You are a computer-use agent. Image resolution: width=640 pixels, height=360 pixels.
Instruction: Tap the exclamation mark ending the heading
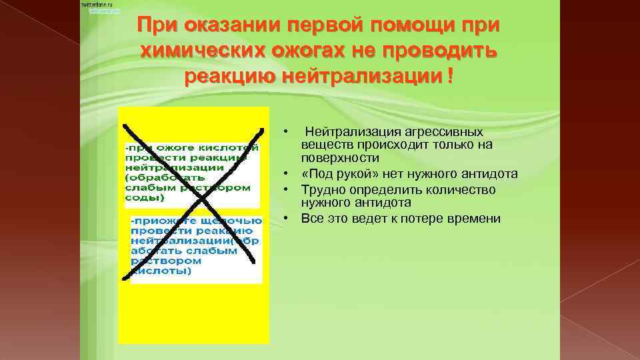click(x=451, y=75)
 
